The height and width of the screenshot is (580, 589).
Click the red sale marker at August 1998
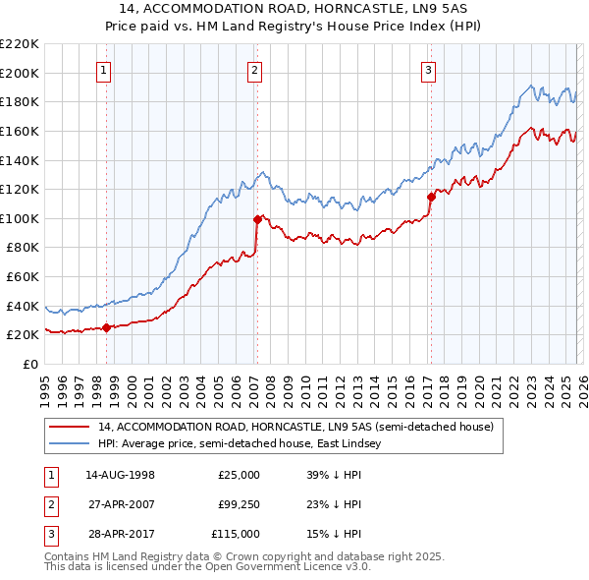point(106,328)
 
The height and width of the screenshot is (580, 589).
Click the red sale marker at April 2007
point(256,219)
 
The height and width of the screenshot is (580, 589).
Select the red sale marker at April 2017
point(430,197)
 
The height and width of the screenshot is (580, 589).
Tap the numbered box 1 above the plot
point(104,70)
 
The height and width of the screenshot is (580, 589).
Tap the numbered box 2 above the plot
point(254,70)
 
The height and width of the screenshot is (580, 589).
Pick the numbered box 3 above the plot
point(429,70)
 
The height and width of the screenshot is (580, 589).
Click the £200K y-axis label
point(20,73)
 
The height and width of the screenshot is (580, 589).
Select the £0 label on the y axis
point(29,365)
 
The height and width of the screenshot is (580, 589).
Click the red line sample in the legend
point(69,427)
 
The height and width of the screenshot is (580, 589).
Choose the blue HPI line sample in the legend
point(69,444)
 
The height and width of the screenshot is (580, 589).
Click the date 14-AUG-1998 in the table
point(120,475)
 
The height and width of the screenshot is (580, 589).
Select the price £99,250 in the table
point(239,504)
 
